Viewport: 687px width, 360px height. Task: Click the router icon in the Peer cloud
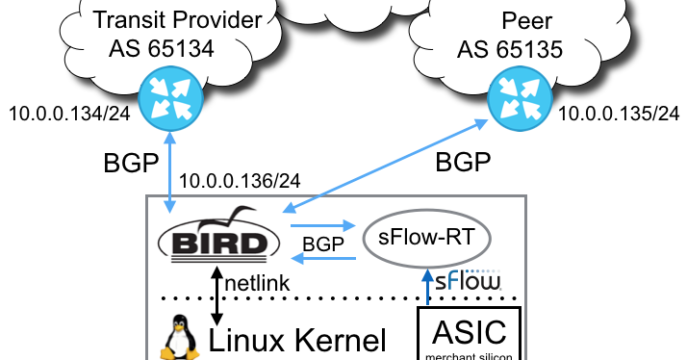tap(516, 99)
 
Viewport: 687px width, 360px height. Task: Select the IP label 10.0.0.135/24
tap(620, 115)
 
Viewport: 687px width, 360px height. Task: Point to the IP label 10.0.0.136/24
tap(240, 179)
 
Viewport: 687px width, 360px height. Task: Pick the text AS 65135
tap(520, 48)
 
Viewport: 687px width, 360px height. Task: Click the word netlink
tap(259, 285)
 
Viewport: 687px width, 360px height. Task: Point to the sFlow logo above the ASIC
tap(468, 282)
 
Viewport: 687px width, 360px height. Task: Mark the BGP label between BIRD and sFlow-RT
tap(322, 244)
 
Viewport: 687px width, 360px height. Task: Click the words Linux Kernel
tap(297, 340)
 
